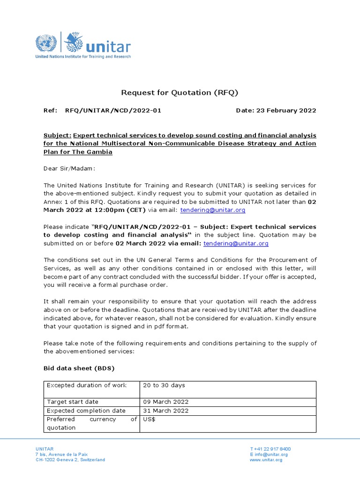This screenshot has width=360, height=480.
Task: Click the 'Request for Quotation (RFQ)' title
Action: click(180, 92)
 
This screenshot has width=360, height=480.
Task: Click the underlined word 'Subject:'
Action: click(57, 135)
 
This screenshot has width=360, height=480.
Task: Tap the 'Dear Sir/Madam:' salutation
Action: click(69, 168)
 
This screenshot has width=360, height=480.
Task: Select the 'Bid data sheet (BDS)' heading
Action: click(79, 368)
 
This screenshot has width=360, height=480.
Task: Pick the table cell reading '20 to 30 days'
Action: click(164, 385)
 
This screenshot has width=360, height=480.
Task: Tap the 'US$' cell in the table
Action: click(149, 419)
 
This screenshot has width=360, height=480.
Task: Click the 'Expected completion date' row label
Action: click(79, 411)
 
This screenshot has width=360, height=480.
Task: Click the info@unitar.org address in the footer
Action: click(271, 454)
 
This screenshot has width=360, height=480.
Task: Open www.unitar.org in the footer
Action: click(266, 460)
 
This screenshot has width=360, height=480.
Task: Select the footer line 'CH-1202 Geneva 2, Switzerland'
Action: click(70, 460)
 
